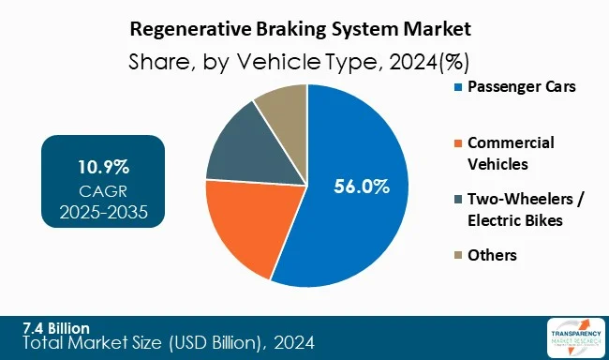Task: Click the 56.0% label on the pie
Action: [362, 187]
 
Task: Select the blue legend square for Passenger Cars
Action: [456, 87]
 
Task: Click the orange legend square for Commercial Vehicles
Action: [456, 142]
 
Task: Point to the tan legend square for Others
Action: [456, 254]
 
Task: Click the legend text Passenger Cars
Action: [520, 87]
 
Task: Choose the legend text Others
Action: [492, 254]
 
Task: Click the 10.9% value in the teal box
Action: [103, 167]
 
